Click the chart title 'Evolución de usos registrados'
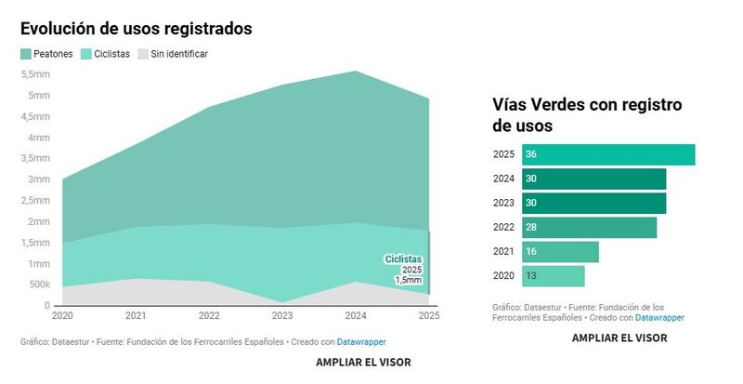click(136, 28)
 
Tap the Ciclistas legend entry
click(105, 54)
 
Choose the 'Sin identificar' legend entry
click(173, 54)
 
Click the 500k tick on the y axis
click(38, 285)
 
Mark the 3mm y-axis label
click(38, 179)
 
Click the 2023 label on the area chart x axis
click(282, 316)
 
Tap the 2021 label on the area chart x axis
click(136, 316)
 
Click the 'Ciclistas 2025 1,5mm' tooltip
click(404, 269)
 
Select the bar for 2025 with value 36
click(608, 154)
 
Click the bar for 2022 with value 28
click(589, 228)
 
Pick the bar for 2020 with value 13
click(554, 276)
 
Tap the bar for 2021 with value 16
click(560, 252)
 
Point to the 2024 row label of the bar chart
click(503, 179)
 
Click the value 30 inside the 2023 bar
click(531, 204)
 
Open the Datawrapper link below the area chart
click(361, 341)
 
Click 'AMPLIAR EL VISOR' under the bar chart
click(619, 338)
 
